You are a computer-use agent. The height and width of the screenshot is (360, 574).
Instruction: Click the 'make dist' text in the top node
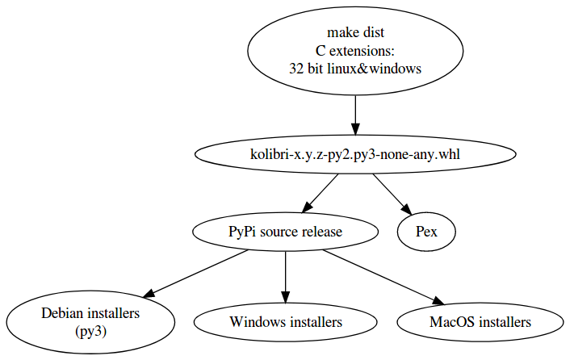355,33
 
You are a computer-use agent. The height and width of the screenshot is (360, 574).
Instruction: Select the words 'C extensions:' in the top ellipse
355,51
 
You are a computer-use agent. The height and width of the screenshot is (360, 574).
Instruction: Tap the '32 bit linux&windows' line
355,69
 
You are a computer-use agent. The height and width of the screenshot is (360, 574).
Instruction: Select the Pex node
426,232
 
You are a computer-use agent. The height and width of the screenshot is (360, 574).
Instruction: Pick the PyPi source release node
285,232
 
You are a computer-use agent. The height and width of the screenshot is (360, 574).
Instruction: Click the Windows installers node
285,322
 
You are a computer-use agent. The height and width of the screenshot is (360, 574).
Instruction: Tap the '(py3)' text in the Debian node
90,331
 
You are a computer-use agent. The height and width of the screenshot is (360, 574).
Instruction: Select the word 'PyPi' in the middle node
242,232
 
